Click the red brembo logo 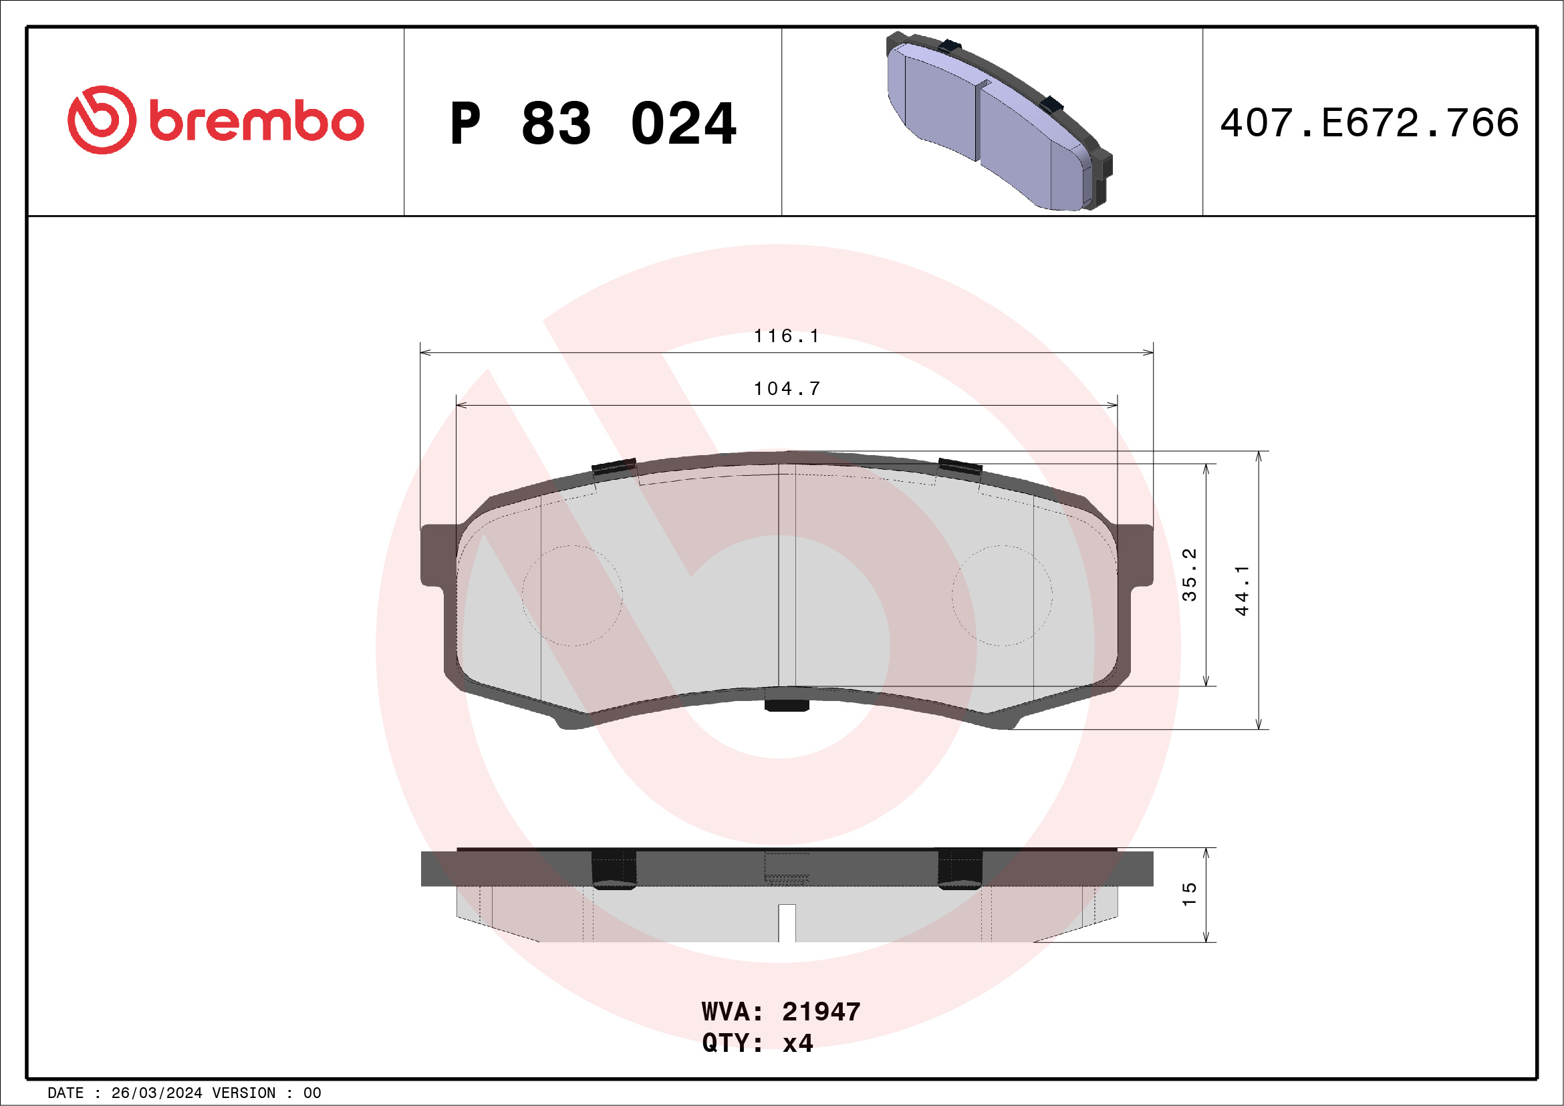215,120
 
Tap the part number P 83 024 593,124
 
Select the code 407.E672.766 1370,123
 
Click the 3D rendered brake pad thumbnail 999,121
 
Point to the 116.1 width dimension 786,335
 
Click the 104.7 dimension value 787,388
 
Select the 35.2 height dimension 1188,574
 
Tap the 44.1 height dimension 1241,591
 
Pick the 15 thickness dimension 1188,894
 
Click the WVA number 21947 821,1012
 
